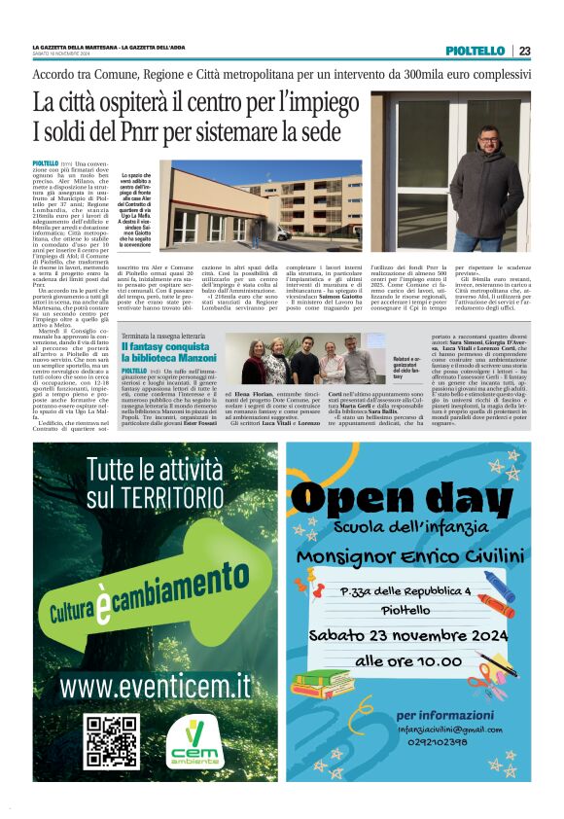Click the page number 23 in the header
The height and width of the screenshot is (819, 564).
tap(524, 52)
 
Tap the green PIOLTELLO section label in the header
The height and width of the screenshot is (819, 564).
tap(476, 51)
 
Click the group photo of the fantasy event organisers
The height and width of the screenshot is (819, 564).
tap(302, 360)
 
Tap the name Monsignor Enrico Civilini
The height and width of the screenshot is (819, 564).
tap(407, 555)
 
